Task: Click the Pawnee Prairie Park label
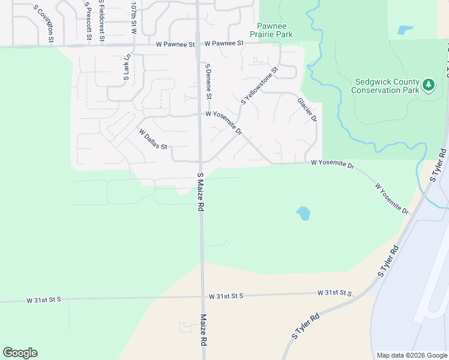pos(275,30)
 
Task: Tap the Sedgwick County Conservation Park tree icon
pos(428,85)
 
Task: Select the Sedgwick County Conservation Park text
pos(385,86)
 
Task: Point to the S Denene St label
pos(208,81)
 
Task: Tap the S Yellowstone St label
pos(260,86)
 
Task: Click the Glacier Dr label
pos(307,109)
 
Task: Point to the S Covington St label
pos(44,24)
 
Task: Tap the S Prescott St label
pos(88,21)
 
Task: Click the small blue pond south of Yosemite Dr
pos(303,213)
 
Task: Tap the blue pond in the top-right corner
pos(405,29)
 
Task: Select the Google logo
pos(20,352)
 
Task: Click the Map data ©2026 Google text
pos(411,355)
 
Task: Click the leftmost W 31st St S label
pos(44,299)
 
